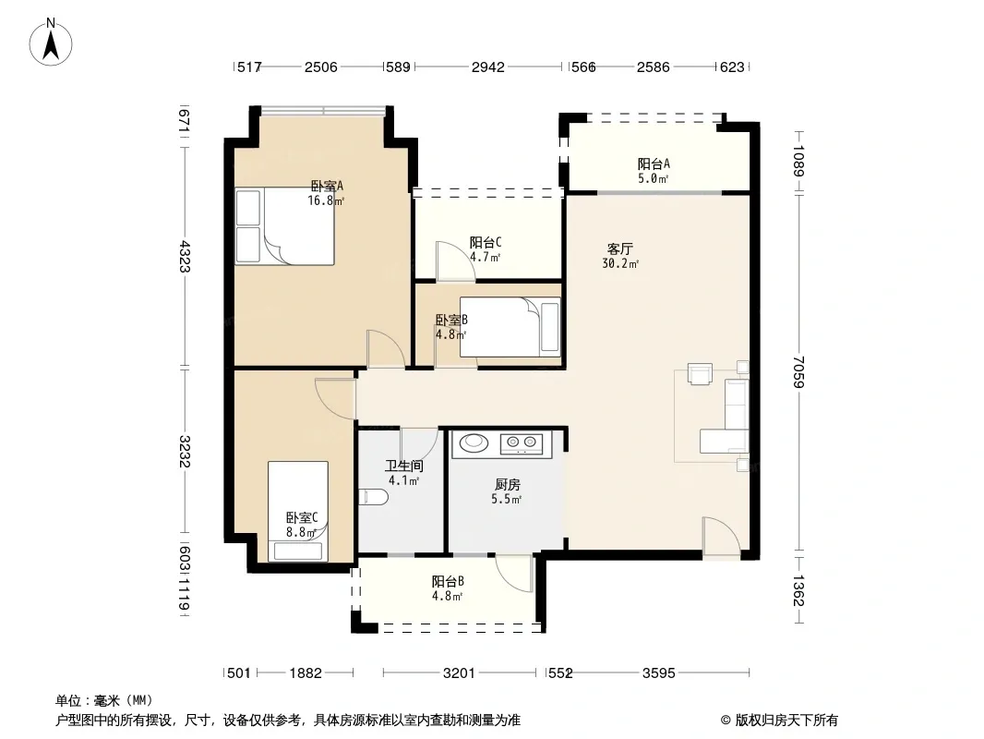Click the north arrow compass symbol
51,42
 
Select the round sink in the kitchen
474,442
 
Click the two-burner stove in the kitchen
522,443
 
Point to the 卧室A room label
327,187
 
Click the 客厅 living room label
619,249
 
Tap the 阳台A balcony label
654,164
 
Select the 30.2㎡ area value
620,264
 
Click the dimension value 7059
798,371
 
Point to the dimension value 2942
487,67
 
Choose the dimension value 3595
658,673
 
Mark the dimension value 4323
184,256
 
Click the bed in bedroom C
298,511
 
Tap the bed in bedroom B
510,326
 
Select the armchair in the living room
700,373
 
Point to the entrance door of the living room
722,537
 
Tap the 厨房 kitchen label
507,485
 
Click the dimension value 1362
798,591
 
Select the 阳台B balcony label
448,582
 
